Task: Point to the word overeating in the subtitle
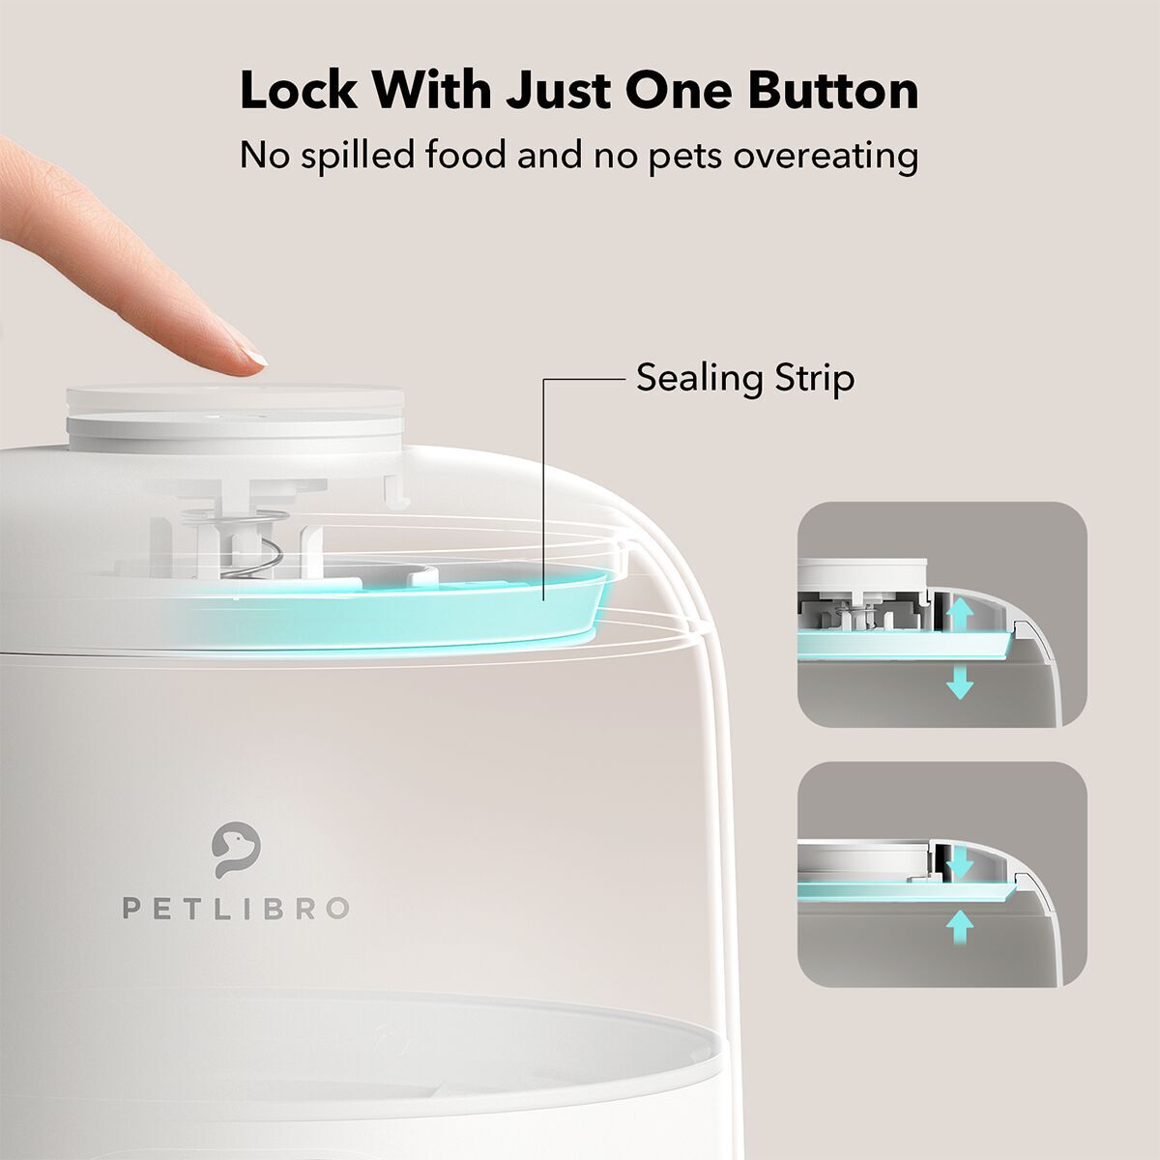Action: [x=826, y=156]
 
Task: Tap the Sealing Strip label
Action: [x=744, y=378]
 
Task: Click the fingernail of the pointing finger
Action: [x=254, y=360]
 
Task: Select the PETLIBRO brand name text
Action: [x=235, y=909]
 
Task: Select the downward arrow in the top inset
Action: [x=959, y=681]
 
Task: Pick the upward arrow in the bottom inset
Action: [x=959, y=926]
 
